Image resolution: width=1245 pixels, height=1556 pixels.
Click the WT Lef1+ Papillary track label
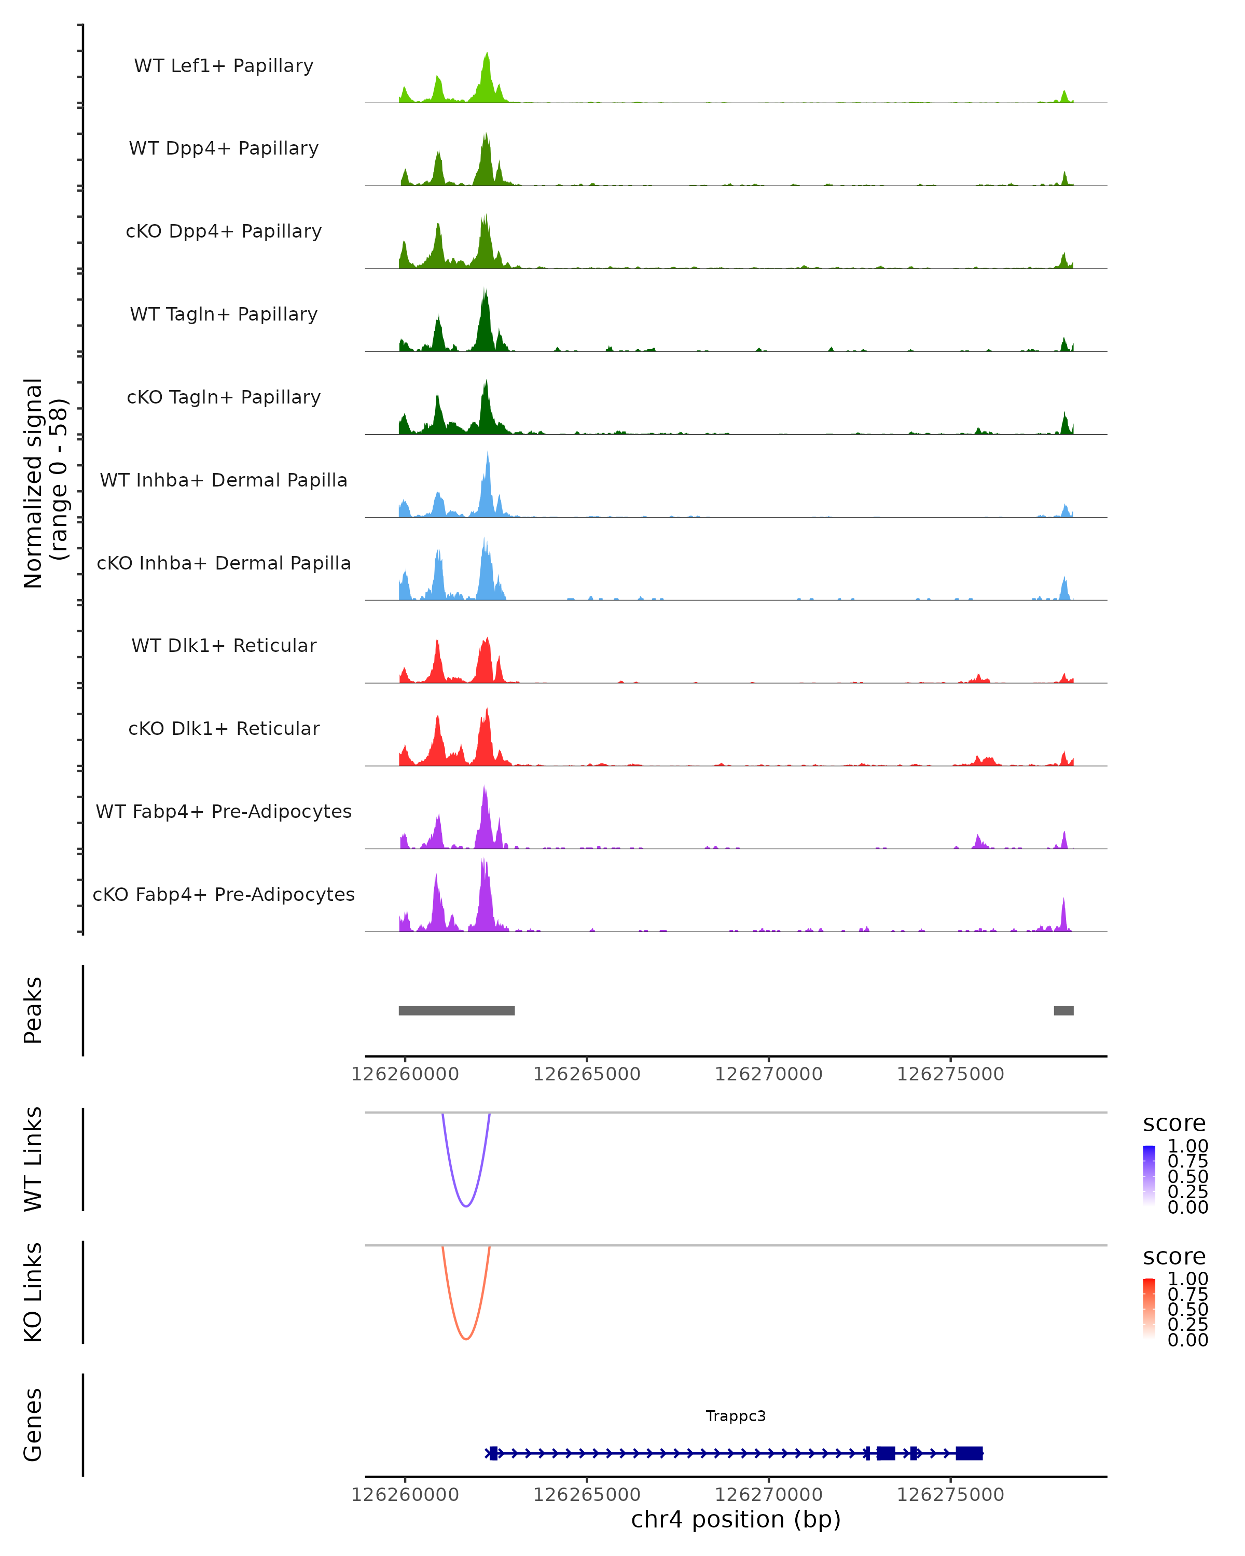pyautogui.click(x=224, y=66)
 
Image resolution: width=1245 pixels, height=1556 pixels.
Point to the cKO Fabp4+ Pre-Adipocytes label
pyautogui.click(x=224, y=894)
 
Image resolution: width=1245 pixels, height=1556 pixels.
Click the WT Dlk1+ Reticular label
pyautogui.click(x=224, y=645)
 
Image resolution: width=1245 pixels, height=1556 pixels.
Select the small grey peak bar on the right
pyautogui.click(x=1063, y=1010)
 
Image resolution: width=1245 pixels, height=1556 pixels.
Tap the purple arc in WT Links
pyautogui.click(x=466, y=1205)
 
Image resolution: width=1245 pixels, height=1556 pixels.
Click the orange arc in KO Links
pyautogui.click(x=466, y=1339)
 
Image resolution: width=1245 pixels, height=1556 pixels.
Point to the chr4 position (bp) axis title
pyautogui.click(x=736, y=1519)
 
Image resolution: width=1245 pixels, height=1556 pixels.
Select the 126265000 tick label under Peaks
pyautogui.click(x=587, y=1074)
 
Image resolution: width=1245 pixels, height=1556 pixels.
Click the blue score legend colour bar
pyautogui.click(x=1149, y=1174)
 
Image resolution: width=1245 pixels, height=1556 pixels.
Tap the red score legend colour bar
pyautogui.click(x=1149, y=1308)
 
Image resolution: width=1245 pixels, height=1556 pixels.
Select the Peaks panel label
pyautogui.click(x=33, y=1010)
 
